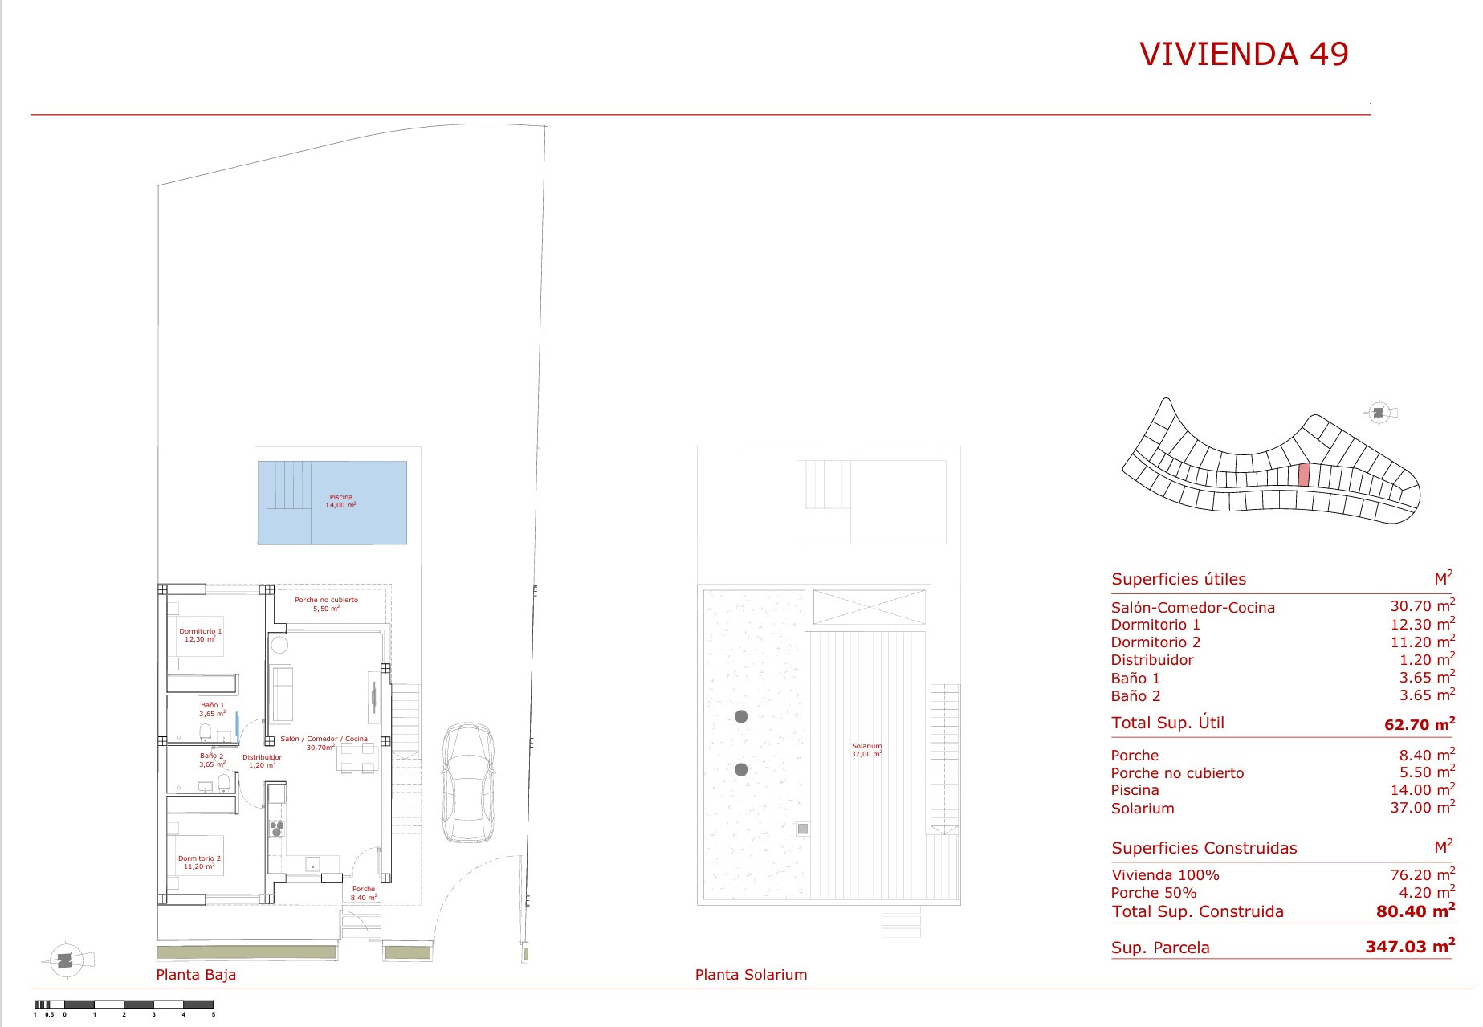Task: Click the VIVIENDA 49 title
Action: (1244, 54)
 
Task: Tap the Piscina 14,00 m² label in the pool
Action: (341, 501)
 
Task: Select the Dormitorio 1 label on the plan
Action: (200, 635)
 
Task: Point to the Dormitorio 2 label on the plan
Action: (199, 862)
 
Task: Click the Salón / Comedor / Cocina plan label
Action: (324, 743)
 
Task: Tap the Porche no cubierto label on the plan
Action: (326, 604)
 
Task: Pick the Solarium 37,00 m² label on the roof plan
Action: (866, 750)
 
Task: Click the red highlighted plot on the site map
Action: (1304, 475)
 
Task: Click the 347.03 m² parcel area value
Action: (1410, 946)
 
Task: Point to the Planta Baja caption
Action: (196, 975)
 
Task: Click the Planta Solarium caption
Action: (751, 975)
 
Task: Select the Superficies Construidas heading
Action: (1204, 848)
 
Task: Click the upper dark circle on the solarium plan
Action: (741, 716)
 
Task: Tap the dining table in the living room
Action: (357, 757)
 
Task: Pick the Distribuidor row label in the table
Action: (1152, 660)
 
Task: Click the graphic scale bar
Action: (124, 1004)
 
